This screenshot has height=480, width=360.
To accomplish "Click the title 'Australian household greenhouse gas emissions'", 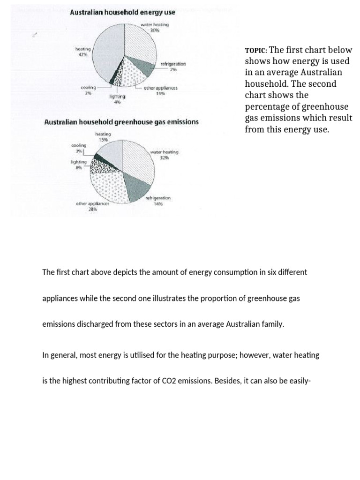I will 121,122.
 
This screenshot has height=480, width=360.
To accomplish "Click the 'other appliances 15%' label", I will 160,90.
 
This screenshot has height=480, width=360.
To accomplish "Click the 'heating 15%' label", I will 103,136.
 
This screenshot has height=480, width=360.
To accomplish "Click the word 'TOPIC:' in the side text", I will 255,51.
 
